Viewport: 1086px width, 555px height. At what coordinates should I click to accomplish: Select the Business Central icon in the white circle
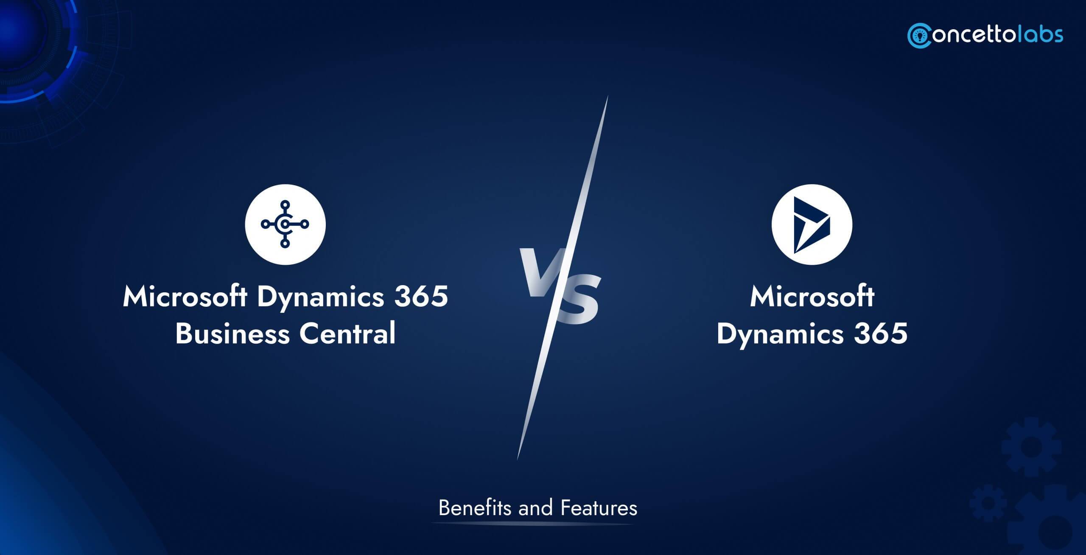pyautogui.click(x=285, y=224)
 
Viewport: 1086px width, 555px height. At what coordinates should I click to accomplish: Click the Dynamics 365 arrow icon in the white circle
pyautogui.click(x=812, y=224)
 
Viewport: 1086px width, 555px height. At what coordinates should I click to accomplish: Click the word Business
pyautogui.click(x=232, y=334)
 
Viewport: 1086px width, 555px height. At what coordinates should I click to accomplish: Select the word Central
pyautogui.click(x=347, y=334)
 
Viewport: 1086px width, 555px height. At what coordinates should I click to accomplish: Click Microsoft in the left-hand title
pyautogui.click(x=185, y=297)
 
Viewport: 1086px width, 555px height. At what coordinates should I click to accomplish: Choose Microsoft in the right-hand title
pyautogui.click(x=812, y=297)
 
